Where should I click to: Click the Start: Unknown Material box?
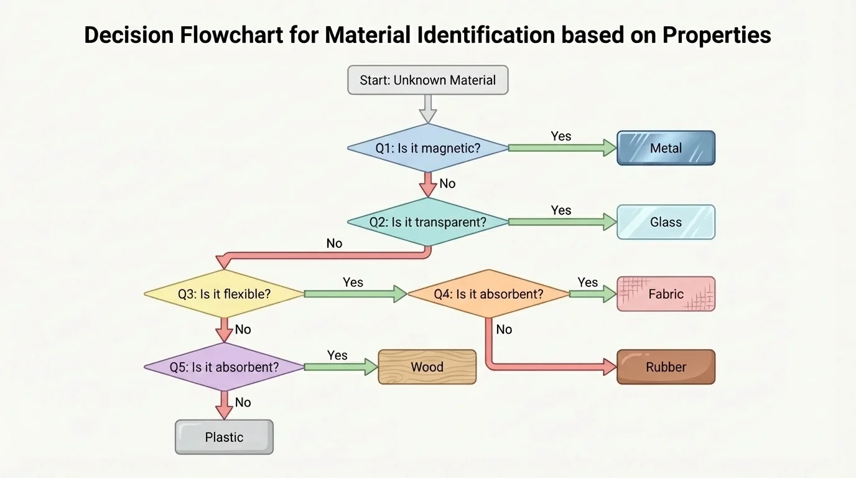427,80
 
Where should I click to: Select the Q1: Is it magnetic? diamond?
427,148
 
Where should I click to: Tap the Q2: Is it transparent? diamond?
427,222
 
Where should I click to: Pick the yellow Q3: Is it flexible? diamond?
224,294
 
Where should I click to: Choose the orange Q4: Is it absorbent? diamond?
488,294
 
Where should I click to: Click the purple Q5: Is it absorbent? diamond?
224,367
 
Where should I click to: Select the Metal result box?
666,148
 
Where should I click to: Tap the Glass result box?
666,222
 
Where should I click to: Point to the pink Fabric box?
666,294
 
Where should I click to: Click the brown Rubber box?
666,367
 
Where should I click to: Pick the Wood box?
427,367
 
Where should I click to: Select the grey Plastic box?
224,437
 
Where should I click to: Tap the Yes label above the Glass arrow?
561,210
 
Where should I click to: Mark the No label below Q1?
447,184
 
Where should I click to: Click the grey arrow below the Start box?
427,108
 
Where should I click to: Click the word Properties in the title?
716,35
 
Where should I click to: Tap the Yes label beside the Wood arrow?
337,355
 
